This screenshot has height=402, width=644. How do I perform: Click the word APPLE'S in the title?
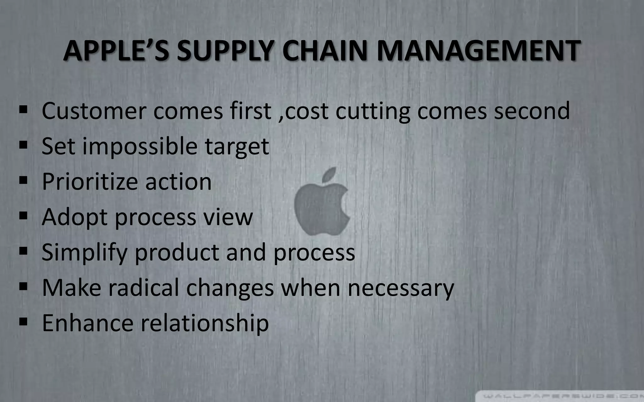point(116,51)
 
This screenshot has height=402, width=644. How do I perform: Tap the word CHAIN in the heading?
point(321,51)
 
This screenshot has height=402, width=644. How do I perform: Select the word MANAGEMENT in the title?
point(478,51)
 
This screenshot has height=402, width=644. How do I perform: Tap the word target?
point(237,147)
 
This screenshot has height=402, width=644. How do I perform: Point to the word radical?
point(143,287)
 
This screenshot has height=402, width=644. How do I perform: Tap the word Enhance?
point(88,323)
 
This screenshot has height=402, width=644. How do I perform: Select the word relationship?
point(204,323)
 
